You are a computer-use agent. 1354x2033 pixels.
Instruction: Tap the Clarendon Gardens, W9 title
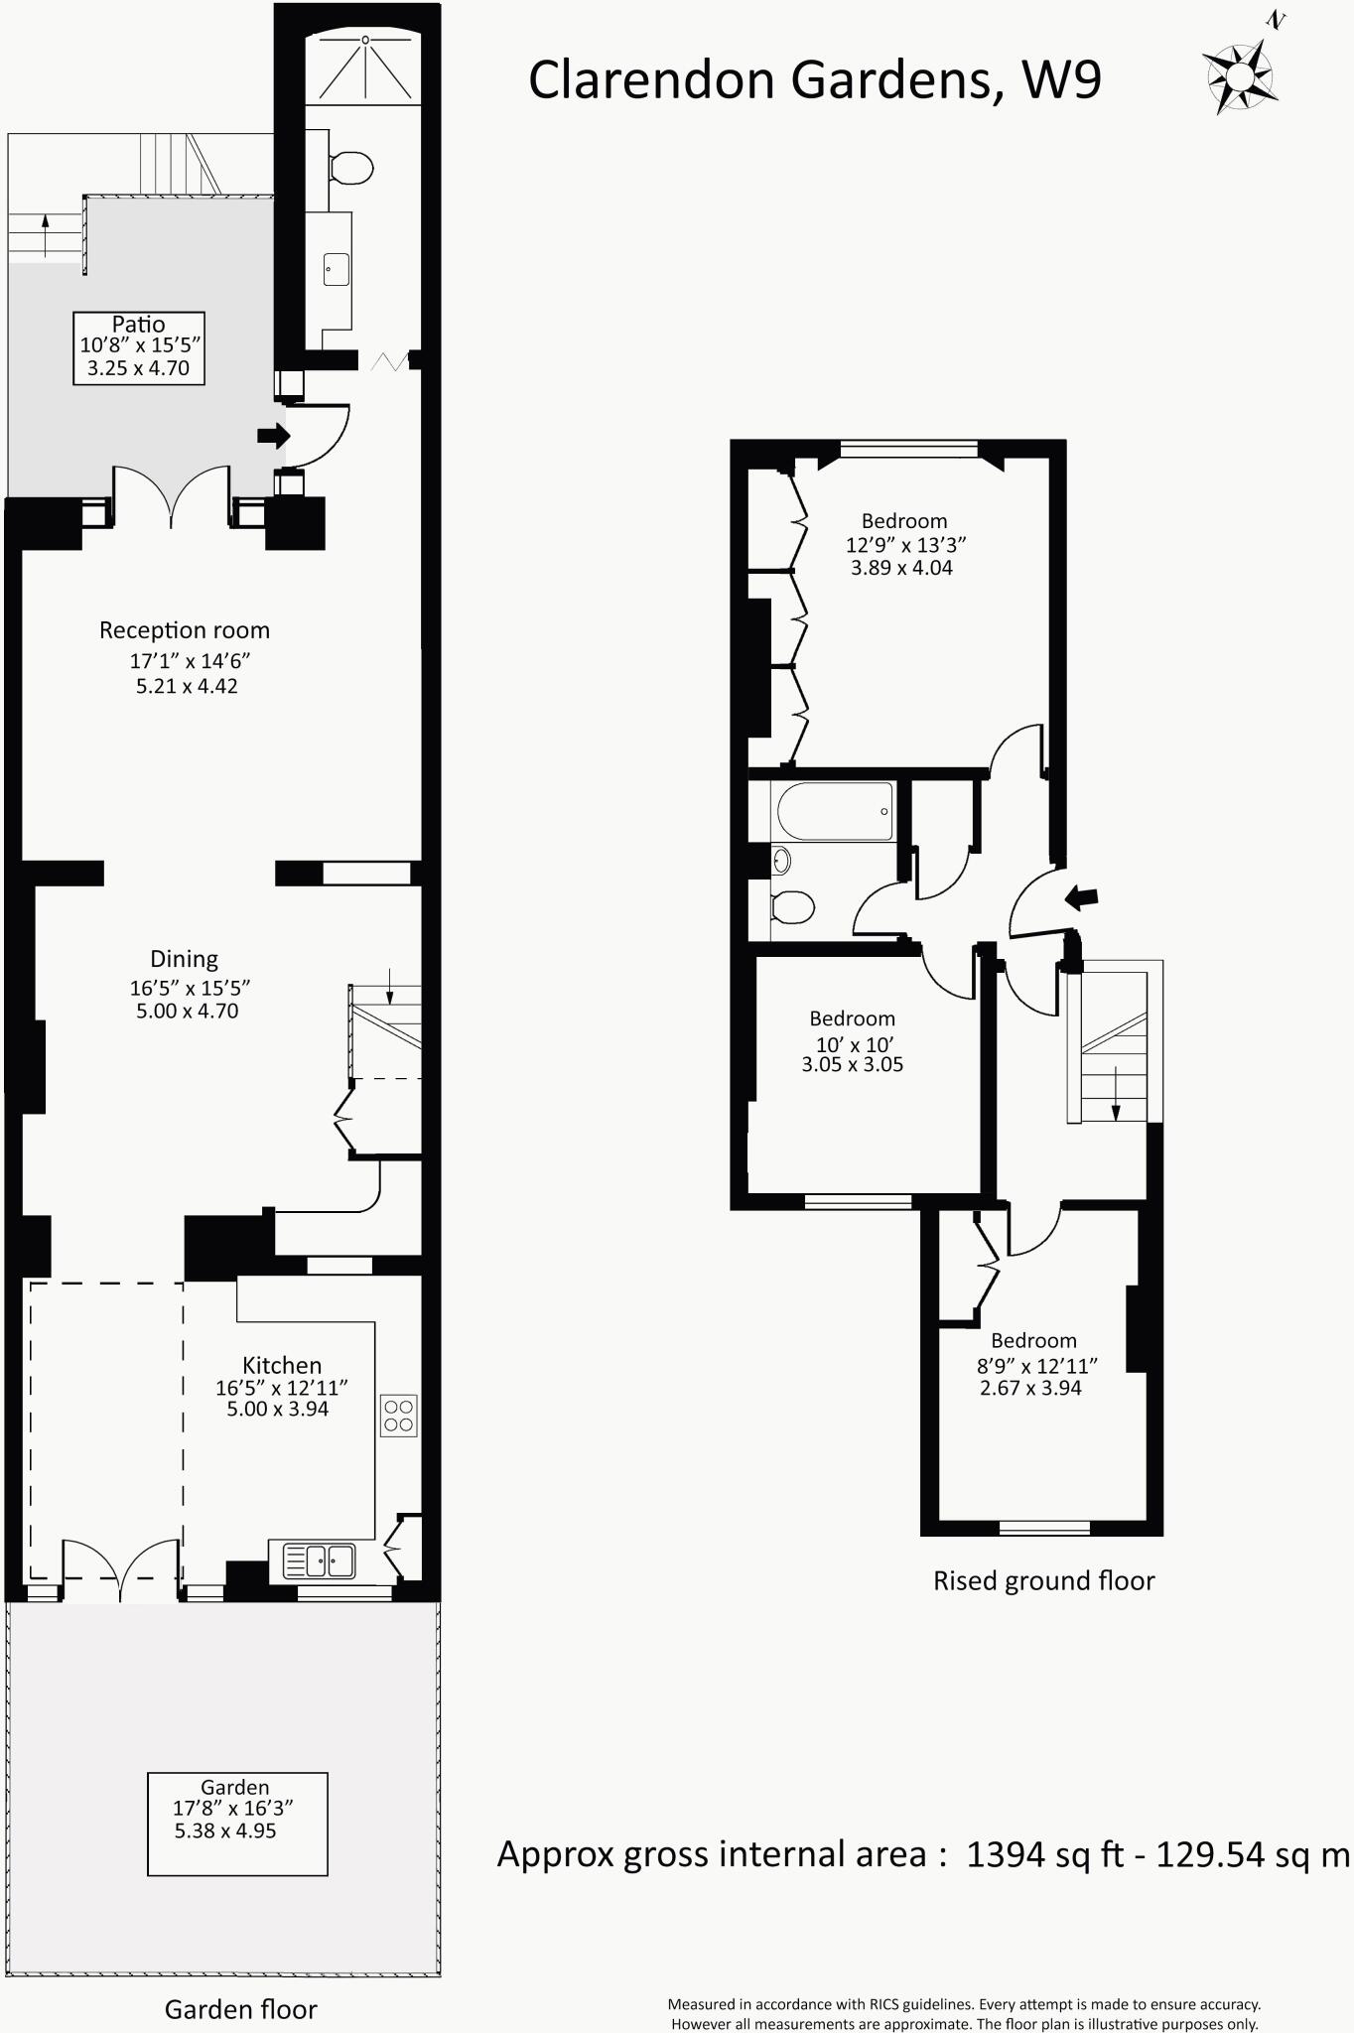[814, 79]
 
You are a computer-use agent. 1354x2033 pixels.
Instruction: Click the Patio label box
[139, 347]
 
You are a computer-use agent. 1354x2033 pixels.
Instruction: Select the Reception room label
[185, 630]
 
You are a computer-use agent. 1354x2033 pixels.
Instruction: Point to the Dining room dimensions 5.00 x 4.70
[187, 1012]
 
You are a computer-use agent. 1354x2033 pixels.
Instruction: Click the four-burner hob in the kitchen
[399, 1416]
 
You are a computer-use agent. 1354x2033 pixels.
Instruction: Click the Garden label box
[236, 1824]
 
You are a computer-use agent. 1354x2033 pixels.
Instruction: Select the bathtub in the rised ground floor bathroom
[836, 811]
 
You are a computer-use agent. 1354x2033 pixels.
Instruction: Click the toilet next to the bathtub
[793, 906]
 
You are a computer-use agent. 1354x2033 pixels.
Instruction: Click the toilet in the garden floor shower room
[349, 168]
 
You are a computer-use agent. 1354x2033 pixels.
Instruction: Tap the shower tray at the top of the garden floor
[364, 69]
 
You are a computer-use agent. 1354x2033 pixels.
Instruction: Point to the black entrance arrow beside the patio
[273, 435]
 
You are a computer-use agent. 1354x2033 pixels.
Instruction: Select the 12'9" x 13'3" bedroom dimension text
[905, 545]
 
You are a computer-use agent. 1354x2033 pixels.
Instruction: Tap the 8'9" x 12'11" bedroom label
[1034, 1364]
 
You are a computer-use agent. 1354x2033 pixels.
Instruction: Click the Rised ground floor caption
[1043, 1581]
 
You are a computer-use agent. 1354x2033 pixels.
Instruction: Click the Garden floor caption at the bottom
[240, 2010]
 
